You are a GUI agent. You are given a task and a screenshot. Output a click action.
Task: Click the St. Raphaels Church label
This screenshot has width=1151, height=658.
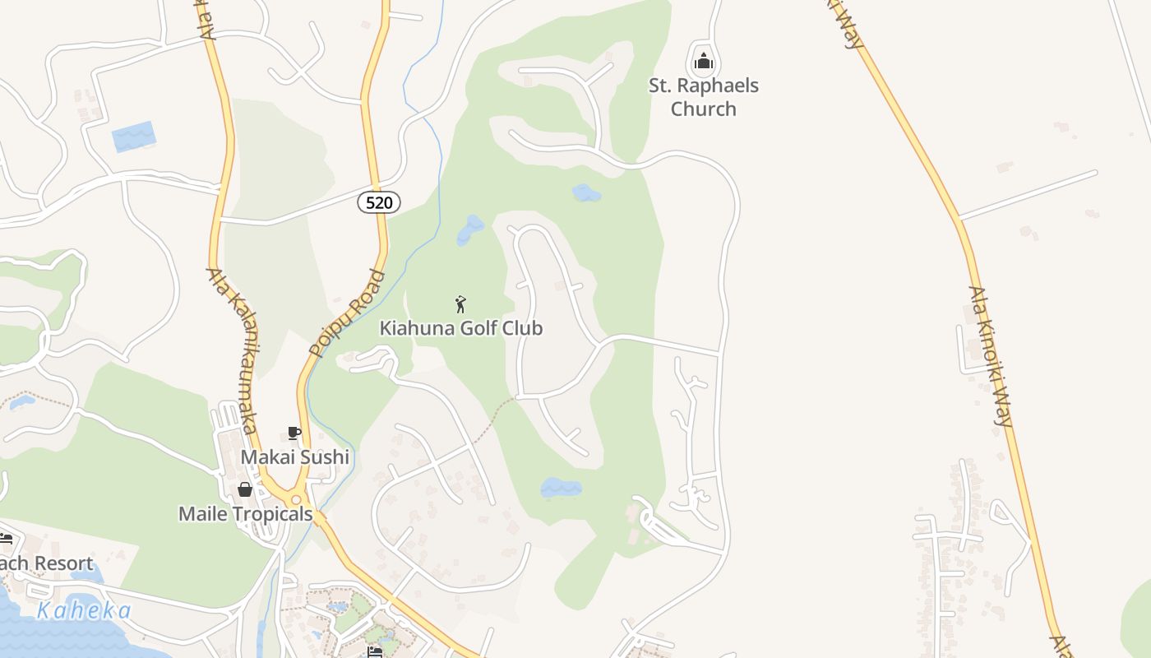(703, 97)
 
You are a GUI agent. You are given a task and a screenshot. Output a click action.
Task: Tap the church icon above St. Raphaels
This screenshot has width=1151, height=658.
(703, 61)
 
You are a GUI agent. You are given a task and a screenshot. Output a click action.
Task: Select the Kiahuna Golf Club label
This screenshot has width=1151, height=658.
(460, 328)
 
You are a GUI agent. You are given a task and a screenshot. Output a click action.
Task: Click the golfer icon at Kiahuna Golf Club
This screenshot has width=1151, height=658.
(460, 304)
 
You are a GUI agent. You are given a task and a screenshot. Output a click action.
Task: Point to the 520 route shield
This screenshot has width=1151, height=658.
(378, 202)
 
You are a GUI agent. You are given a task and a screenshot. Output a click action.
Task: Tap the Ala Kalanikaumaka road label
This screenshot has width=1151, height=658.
(233, 350)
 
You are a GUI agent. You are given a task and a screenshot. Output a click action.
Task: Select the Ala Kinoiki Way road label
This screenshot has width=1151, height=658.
(990, 355)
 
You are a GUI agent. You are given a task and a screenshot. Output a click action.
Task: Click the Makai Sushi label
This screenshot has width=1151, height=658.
(294, 457)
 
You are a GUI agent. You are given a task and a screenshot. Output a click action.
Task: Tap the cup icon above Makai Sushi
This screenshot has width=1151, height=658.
(294, 433)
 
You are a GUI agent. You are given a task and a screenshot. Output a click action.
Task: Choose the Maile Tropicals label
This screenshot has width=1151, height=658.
(246, 514)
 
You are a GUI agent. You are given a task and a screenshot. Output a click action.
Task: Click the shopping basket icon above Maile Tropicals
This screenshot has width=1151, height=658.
(245, 489)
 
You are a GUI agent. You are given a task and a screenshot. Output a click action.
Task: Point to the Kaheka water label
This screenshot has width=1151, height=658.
(84, 611)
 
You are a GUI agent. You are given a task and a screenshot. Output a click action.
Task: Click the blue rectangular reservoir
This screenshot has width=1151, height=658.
(133, 137)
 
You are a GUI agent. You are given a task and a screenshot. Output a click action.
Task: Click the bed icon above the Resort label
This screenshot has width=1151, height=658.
(6, 540)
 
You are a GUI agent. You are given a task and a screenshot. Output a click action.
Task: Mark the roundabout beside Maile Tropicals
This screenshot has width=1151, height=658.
(296, 499)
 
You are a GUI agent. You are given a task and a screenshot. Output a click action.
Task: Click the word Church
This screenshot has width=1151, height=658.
(703, 109)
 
